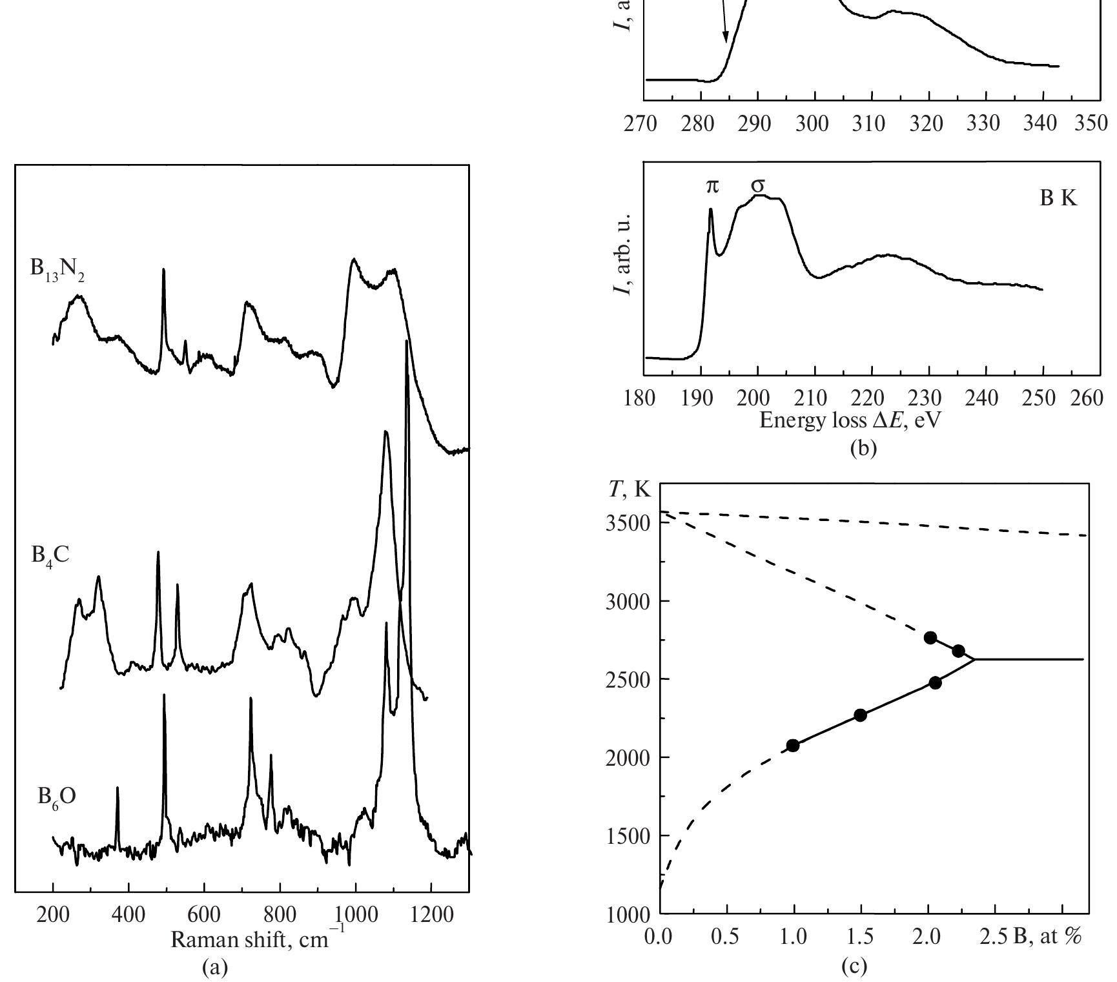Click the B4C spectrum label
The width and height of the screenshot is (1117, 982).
click(x=50, y=555)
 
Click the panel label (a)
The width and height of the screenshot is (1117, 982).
click(x=214, y=966)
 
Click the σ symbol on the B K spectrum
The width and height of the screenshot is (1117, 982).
click(x=758, y=185)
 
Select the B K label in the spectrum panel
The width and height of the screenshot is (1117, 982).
click(x=1058, y=199)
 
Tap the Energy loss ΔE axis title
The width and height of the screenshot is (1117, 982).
click(x=850, y=420)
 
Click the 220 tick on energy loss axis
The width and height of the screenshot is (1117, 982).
click(x=867, y=398)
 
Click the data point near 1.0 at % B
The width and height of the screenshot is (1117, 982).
click(x=793, y=746)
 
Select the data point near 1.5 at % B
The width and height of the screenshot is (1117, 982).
click(x=860, y=715)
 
